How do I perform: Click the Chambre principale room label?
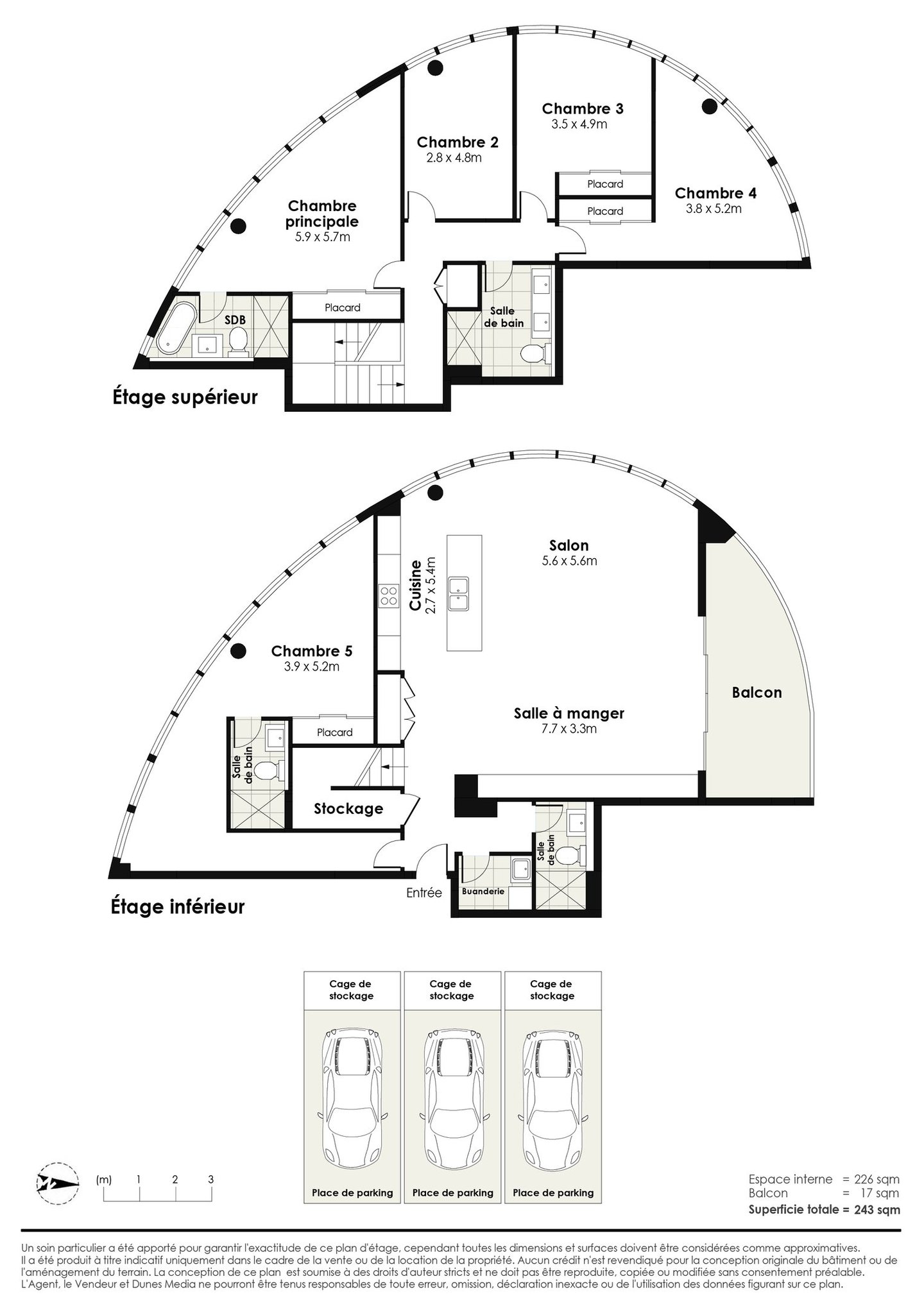pos(322,214)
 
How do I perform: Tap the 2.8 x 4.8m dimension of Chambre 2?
pos(454,158)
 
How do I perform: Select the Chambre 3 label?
pos(582,108)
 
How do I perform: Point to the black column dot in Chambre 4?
pos(709,106)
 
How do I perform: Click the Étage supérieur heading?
pos(185,397)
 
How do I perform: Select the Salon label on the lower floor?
pos(569,545)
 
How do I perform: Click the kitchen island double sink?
pos(459,593)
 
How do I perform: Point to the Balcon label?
pos(757,693)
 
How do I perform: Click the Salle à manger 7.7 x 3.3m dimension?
pos(569,729)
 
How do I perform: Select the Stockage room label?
pos(348,809)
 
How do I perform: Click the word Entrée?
pos(424,892)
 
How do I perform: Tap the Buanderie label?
pos(483,891)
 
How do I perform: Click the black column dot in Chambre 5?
pos(239,651)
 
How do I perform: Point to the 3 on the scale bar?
pos(210,1179)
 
